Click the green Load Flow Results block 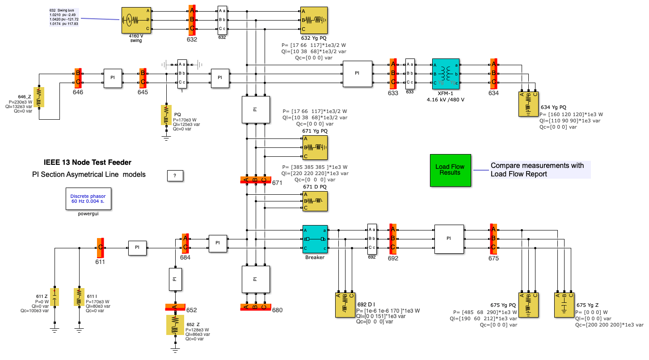pyautogui.click(x=450, y=170)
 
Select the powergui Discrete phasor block pyautogui.click(x=88, y=199)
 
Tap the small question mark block pyautogui.click(x=175, y=176)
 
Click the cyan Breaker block pyautogui.click(x=315, y=239)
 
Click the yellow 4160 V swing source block pyautogui.click(x=136, y=20)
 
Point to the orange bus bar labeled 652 pyautogui.click(x=175, y=307)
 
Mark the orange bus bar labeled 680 pyautogui.click(x=255, y=307)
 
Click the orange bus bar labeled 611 pyautogui.click(x=100, y=247)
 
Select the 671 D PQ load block pyautogui.click(x=315, y=201)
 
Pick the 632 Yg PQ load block pyautogui.click(x=315, y=20)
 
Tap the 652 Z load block pyautogui.click(x=175, y=325)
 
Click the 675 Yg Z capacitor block pyautogui.click(x=564, y=305)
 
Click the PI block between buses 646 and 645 pyautogui.click(x=113, y=77)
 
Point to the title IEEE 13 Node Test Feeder pyautogui.click(x=88, y=163)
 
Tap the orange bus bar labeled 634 pyautogui.click(x=493, y=73)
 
